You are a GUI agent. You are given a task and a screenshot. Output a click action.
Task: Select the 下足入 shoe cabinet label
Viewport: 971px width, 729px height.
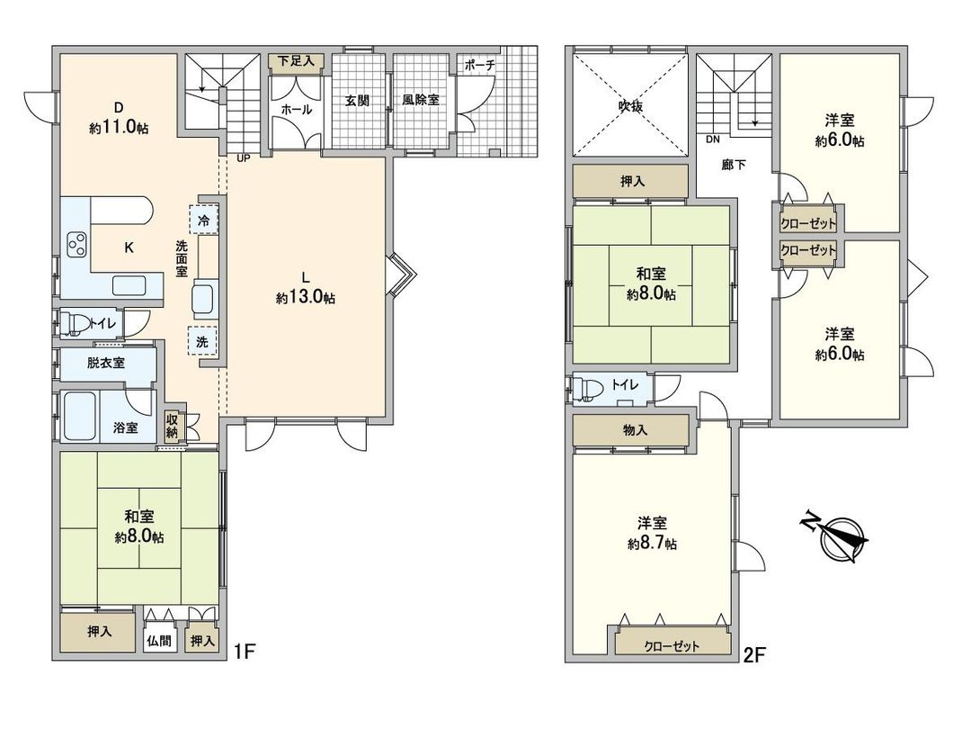pyautogui.click(x=294, y=61)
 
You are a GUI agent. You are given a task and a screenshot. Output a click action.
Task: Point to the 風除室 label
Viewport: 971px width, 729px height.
pyautogui.click(x=420, y=100)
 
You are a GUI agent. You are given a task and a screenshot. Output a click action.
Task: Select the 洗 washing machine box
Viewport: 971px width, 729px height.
pyautogui.click(x=202, y=342)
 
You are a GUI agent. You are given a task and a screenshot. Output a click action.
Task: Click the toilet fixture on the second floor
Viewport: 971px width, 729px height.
pyautogui.click(x=589, y=388)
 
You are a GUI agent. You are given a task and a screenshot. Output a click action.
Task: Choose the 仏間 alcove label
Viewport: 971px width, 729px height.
pyautogui.click(x=159, y=642)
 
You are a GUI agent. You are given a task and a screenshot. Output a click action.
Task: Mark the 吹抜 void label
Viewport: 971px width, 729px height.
pyautogui.click(x=629, y=104)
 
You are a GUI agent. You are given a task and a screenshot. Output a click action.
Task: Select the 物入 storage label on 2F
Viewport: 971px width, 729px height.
pyautogui.click(x=635, y=430)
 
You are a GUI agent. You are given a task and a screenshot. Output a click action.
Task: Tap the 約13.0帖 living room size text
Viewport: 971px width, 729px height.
pyautogui.click(x=306, y=299)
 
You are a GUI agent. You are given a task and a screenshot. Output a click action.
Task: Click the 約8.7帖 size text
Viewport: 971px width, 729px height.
pyautogui.click(x=652, y=544)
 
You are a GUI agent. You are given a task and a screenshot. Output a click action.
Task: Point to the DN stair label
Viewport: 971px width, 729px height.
pyautogui.click(x=713, y=140)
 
